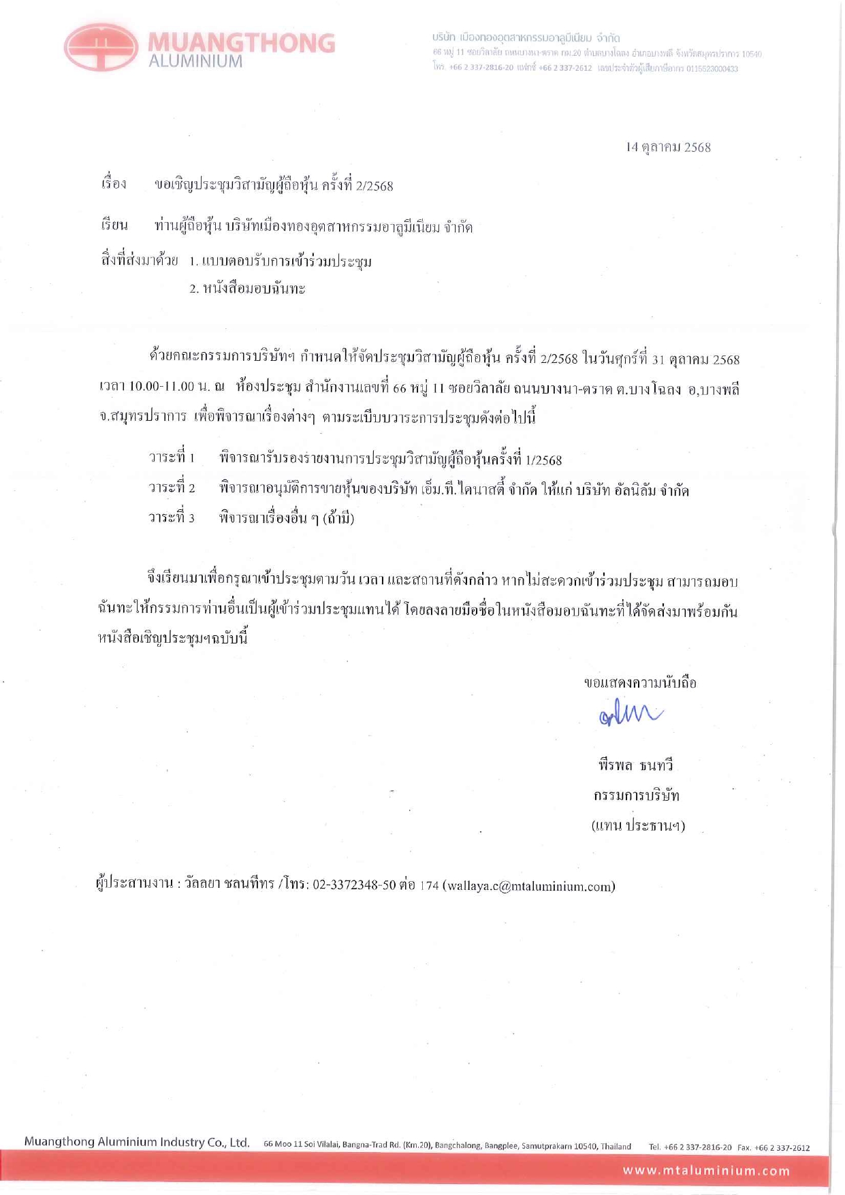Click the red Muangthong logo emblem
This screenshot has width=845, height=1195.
click(x=101, y=47)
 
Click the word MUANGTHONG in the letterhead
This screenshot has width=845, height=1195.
click(x=241, y=42)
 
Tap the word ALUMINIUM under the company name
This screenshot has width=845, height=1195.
click(x=195, y=61)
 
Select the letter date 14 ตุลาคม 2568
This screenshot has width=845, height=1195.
click(x=668, y=147)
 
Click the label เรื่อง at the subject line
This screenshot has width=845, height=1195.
click(x=114, y=184)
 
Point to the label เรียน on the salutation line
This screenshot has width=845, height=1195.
click(x=114, y=225)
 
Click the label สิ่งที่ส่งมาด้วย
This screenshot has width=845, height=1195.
click(x=140, y=260)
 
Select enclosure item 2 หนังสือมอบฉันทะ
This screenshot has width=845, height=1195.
click(x=247, y=289)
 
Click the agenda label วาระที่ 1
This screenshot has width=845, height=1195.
click(x=172, y=458)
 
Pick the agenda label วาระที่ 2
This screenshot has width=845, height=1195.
click(x=172, y=488)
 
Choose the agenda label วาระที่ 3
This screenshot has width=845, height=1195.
click(x=172, y=518)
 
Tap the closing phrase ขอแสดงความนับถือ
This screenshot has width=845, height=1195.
click(x=640, y=683)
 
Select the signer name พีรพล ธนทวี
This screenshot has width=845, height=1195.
click(x=635, y=765)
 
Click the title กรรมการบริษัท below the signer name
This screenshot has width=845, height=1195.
click(x=637, y=795)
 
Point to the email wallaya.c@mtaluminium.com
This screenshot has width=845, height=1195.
click(x=529, y=886)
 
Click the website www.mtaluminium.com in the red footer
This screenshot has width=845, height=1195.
click(x=706, y=1170)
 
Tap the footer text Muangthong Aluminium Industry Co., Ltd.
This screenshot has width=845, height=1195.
click(x=137, y=1142)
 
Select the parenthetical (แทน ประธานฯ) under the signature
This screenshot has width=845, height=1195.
click(x=638, y=826)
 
